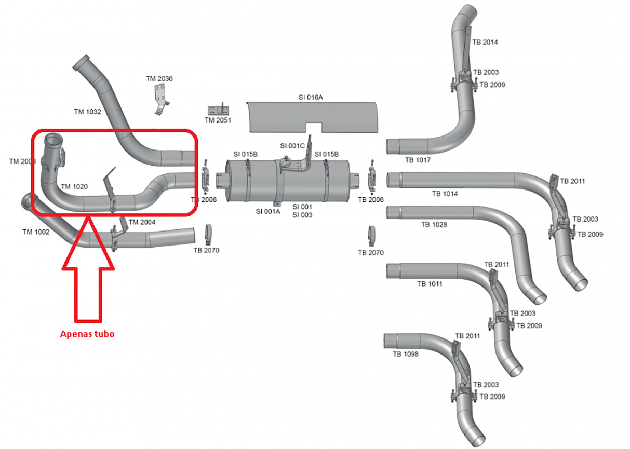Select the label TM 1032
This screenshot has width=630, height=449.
pos(87,112)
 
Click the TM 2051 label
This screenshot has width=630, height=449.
pos(218,120)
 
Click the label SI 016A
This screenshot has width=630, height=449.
pos(311,97)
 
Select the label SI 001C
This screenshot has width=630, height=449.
pos(292,146)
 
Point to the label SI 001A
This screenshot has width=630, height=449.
pos(268,211)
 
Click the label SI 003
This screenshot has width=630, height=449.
pos(302,215)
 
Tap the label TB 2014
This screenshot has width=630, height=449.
pos(485,42)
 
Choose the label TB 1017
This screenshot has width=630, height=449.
pos(418,160)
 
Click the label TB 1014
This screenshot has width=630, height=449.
pos(445,194)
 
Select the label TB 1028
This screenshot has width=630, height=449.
pos(434,225)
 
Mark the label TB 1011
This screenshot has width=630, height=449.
pos(430,284)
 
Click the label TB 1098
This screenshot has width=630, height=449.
pos(406,354)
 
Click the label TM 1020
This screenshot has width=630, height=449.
pos(74,186)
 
